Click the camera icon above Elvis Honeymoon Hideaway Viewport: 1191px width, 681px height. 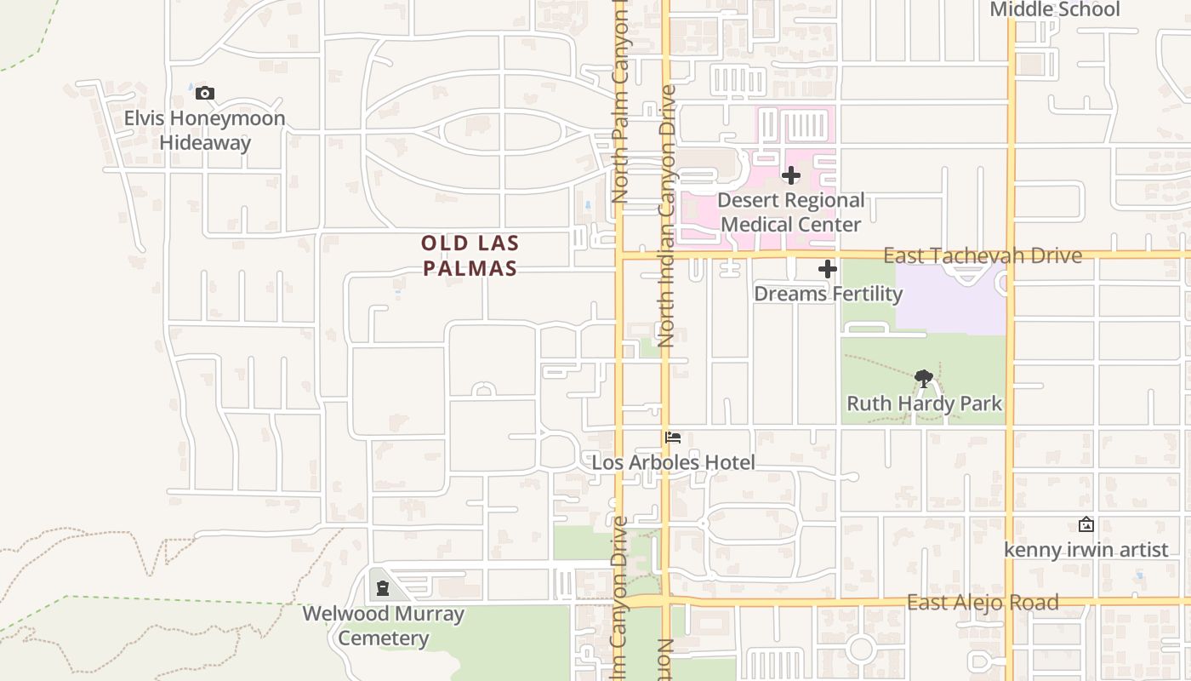[x=205, y=94]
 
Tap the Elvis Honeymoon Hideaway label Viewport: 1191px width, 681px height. [x=205, y=130]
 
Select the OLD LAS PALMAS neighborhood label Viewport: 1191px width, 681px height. [x=470, y=255]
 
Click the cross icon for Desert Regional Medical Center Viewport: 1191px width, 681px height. [x=791, y=175]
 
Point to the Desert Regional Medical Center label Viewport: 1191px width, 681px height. [x=791, y=213]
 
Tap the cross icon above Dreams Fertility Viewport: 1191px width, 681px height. [x=828, y=270]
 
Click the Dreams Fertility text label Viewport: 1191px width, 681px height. [x=828, y=294]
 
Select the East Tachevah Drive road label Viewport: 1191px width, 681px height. [x=983, y=255]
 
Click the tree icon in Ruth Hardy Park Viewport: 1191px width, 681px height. [x=924, y=379]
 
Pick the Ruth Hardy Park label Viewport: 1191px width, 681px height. [x=924, y=403]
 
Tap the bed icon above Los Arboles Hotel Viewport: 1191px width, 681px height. [x=674, y=438]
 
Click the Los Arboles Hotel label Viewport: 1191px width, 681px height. [x=674, y=462]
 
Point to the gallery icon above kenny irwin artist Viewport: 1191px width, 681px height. [x=1086, y=524]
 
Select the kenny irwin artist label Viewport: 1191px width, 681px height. [x=1086, y=550]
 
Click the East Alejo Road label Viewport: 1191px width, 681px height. [x=983, y=603]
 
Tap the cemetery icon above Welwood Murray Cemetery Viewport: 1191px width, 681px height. [x=383, y=587]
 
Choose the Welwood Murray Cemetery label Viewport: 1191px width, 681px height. [x=383, y=626]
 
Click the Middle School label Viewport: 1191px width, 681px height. [x=1055, y=9]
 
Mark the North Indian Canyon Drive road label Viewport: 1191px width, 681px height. [x=666, y=215]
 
